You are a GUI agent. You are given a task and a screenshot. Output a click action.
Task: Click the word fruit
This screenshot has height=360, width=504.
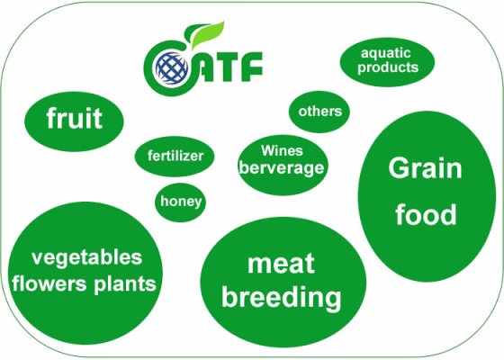tap(75, 118)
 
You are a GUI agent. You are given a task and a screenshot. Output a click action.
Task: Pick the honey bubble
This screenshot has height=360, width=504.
tap(181, 202)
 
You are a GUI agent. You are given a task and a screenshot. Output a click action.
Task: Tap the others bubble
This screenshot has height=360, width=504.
tap(320, 112)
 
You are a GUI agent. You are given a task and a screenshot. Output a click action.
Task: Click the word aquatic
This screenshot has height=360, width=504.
tap(386, 53)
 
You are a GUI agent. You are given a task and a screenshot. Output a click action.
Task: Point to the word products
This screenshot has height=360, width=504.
tap(387, 67)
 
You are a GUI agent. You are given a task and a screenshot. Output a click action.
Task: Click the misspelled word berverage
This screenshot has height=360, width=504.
tap(282, 167)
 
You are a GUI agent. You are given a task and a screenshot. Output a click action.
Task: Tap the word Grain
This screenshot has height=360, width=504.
tap(425, 167)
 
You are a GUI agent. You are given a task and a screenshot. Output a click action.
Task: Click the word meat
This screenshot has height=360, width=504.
tap(281, 264)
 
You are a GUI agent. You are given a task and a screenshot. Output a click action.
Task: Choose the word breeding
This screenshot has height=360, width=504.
tap(281, 296)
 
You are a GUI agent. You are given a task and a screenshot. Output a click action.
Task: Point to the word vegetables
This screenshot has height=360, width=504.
tap(86, 257)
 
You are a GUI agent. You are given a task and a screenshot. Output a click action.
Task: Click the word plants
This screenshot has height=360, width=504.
tap(129, 284)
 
